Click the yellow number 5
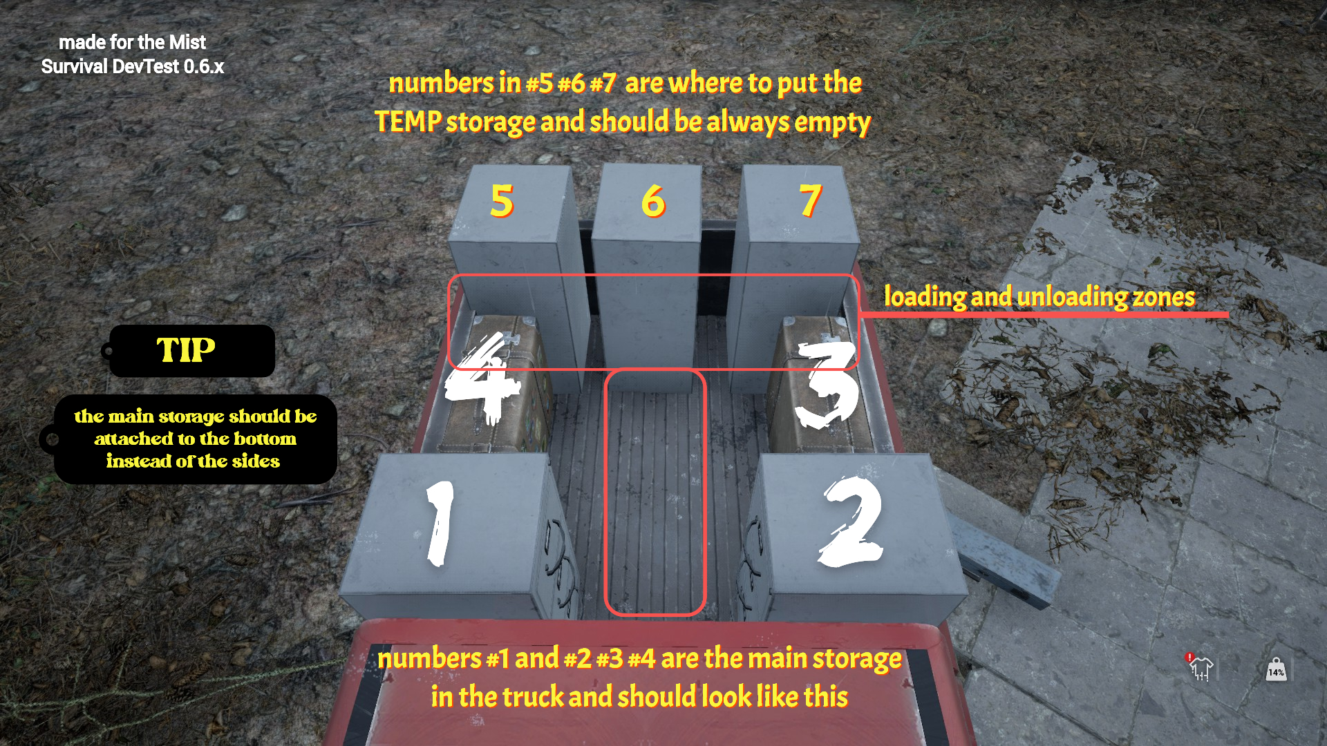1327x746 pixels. point(502,201)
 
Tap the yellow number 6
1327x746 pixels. point(653,201)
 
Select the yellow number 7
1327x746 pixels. point(811,200)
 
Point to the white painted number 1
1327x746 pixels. point(440,523)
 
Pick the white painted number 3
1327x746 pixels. point(827,384)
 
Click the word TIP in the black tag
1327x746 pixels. point(186,350)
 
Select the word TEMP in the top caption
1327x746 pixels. point(408,122)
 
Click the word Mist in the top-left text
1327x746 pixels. point(187,42)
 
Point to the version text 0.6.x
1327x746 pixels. point(204,66)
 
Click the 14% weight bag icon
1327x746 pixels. point(1276,669)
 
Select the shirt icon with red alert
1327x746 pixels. point(1201,667)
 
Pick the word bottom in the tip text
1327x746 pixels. point(265,439)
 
